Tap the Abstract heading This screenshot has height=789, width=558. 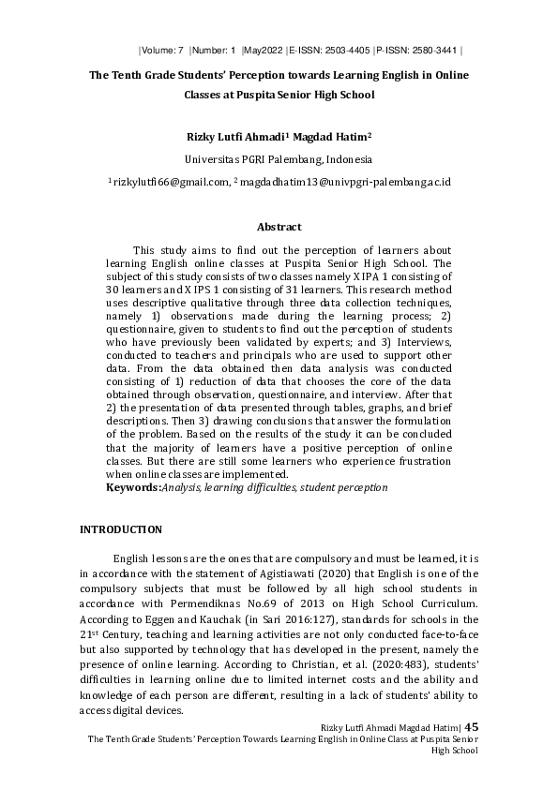[x=279, y=227]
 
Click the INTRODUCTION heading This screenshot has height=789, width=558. [x=121, y=530]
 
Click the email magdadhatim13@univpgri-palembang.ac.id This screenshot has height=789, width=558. [x=344, y=182]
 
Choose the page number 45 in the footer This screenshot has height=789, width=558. [x=472, y=727]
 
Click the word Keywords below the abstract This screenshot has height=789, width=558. [x=132, y=487]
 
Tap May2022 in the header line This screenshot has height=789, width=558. [x=264, y=50]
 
